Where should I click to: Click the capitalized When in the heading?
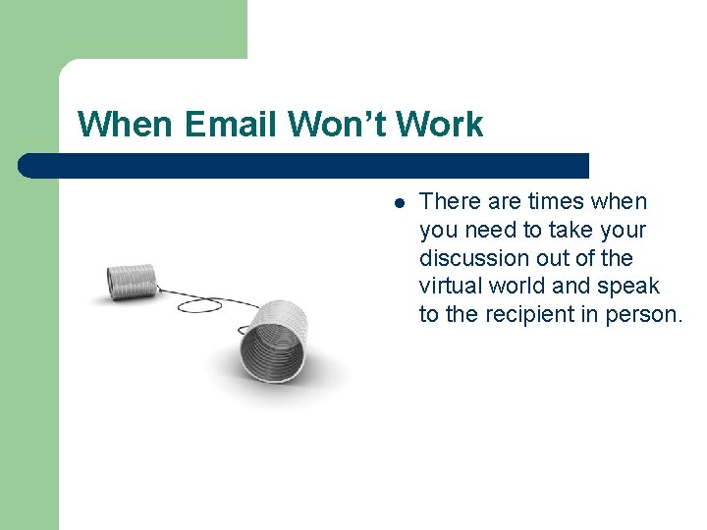point(125,125)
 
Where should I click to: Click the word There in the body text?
point(451,201)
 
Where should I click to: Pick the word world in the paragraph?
point(521,287)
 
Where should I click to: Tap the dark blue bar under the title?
point(304,165)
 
